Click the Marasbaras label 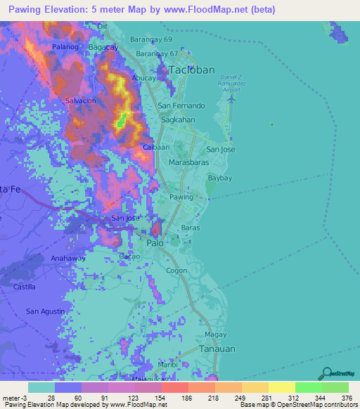click(187, 162)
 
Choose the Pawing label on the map click(181, 197)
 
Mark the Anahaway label click(68, 258)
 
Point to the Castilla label click(25, 287)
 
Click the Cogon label click(176, 270)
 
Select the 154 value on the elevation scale click(149, 397)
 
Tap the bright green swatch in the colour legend click(308, 387)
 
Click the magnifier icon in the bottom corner click(326, 373)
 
